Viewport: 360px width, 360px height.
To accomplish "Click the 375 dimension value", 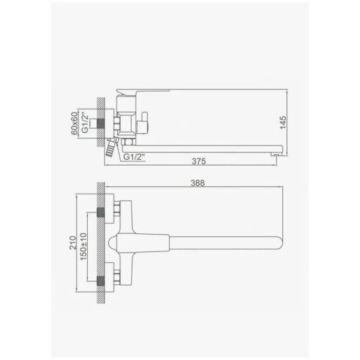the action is click(199, 161).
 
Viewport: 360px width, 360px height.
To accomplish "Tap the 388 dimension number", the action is click(198, 183).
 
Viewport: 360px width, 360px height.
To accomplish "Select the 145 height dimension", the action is click(283, 122).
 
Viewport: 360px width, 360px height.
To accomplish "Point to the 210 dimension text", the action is click(73, 243).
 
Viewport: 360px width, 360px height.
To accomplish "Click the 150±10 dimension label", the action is click(84, 246).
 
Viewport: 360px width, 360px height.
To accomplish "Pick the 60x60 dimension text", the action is click(74, 123).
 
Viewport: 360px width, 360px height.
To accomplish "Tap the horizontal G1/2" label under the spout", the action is click(134, 157).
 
